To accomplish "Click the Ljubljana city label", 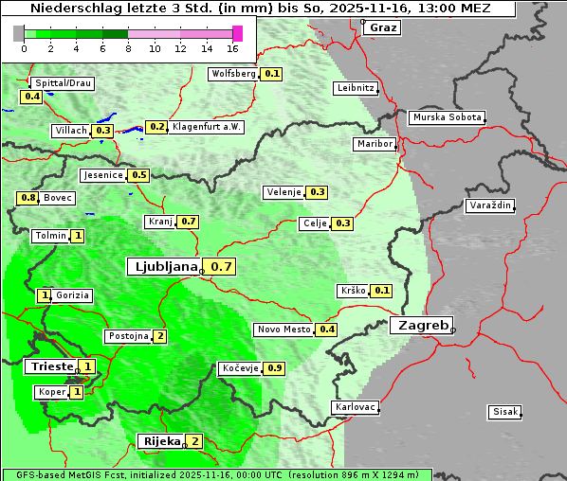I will (x=163, y=267).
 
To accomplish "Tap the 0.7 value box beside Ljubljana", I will (x=222, y=267).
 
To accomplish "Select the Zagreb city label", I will (x=421, y=325).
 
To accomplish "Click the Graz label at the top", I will (x=382, y=27).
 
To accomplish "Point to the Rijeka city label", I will (x=159, y=441).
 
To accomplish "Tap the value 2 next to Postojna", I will (x=160, y=336).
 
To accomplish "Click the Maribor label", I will (x=374, y=144).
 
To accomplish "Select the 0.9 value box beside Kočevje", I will (x=275, y=367).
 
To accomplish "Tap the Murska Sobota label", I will (x=447, y=117).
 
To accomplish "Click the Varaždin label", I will (x=489, y=205).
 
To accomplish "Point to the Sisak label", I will (x=503, y=412).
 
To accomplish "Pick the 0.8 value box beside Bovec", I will (x=27, y=198).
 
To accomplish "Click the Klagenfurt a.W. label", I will (x=207, y=126).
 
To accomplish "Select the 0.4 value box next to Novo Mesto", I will (x=327, y=330).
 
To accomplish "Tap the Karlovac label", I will (x=356, y=407).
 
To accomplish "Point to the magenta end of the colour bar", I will (x=237, y=33).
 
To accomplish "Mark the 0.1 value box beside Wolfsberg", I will (x=272, y=73).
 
